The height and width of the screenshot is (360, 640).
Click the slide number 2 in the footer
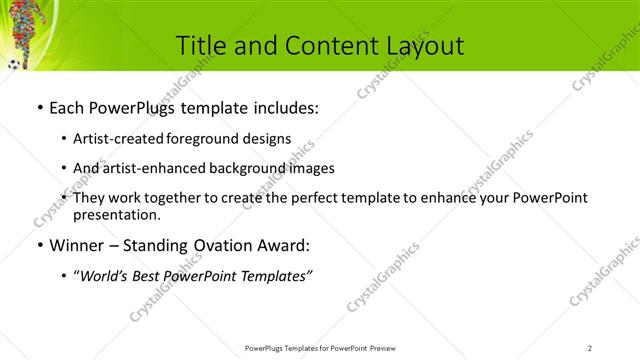590,347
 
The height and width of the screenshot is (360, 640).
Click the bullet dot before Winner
39,246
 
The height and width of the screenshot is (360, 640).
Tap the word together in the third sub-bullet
174,198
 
